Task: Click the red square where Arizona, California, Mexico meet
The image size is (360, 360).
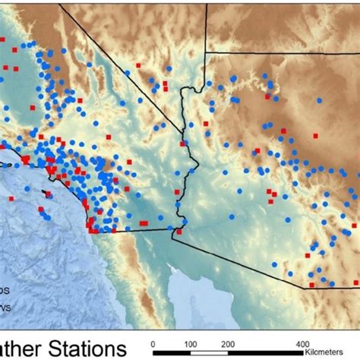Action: [x=178, y=232]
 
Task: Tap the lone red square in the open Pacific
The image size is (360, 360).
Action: [x=12, y=198]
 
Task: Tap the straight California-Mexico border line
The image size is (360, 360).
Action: [x=137, y=230]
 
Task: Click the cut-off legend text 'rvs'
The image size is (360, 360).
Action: [x=5, y=308]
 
